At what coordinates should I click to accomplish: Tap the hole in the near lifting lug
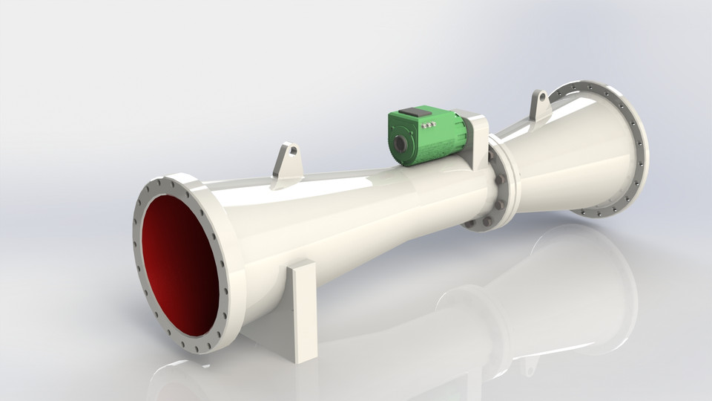pyautogui.click(x=292, y=151)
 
